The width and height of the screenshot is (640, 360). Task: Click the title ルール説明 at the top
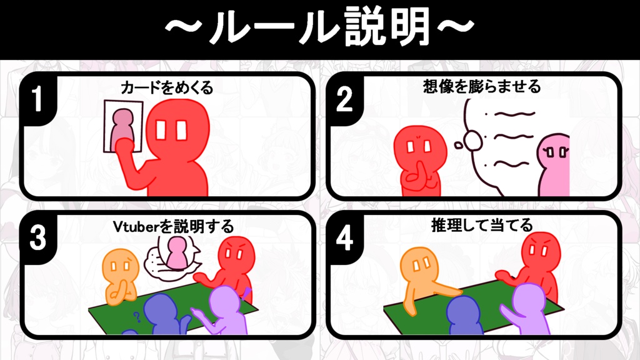(x=319, y=28)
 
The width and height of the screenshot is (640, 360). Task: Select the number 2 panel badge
(x=344, y=100)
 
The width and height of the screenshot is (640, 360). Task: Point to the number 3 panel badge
(x=37, y=239)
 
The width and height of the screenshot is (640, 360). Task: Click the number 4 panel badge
(x=344, y=239)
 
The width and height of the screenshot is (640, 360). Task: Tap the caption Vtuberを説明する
(x=173, y=226)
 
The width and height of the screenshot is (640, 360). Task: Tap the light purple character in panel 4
(x=528, y=309)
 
